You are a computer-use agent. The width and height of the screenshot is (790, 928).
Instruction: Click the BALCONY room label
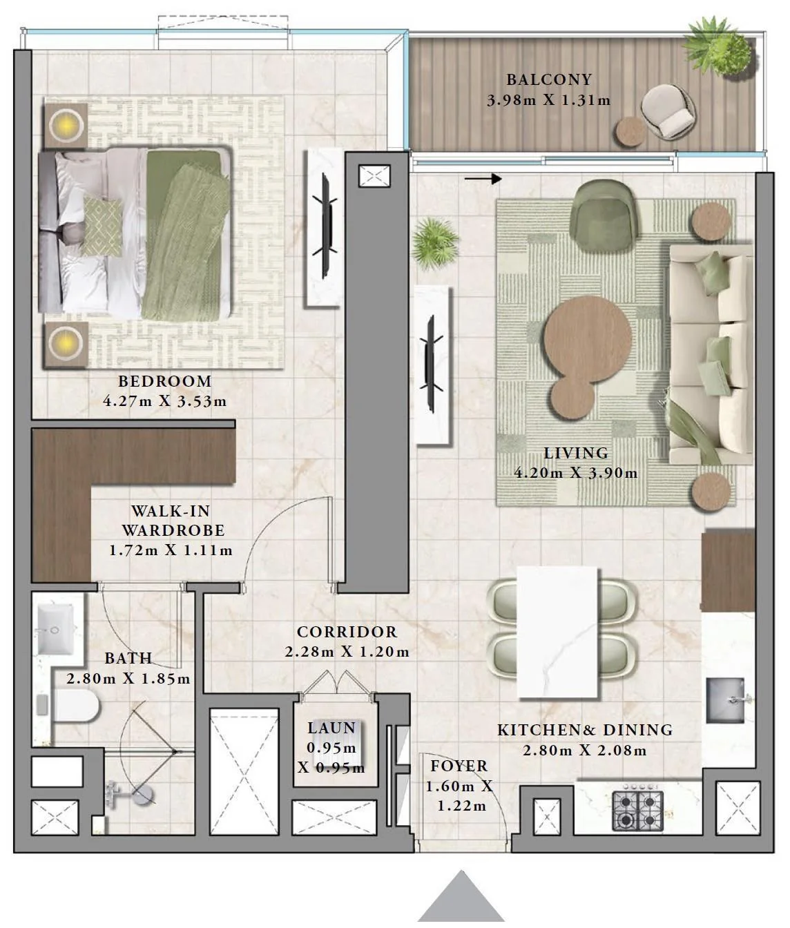pos(549,79)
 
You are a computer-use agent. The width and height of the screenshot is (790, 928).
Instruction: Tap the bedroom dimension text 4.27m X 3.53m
pos(164,401)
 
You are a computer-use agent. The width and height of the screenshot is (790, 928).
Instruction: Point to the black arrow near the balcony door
pos(483,179)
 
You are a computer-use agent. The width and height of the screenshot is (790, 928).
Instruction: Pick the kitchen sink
pos(726,700)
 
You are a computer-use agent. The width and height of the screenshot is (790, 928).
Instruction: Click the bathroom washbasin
pos(55,628)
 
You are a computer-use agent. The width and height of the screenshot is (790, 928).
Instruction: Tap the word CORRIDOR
pos(347,632)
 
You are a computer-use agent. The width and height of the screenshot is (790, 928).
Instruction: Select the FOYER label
pos(459,766)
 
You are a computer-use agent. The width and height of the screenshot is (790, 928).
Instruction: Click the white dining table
pos(557,633)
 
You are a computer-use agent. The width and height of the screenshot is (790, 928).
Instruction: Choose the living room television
pos(432,364)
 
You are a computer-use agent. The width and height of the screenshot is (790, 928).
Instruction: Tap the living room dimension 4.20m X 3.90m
pos(576,473)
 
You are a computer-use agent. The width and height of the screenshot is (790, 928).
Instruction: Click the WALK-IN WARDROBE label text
pos(173,521)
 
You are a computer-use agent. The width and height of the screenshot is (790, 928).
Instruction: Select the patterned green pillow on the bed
pos(102,226)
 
